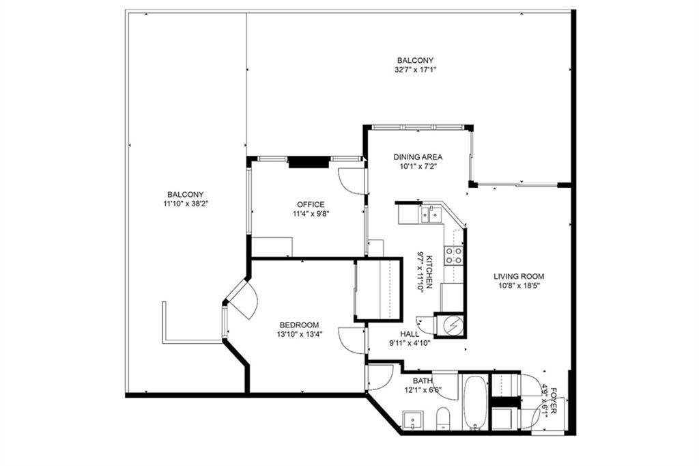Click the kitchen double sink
(431, 215)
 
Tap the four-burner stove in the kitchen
(454, 256)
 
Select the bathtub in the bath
(475, 402)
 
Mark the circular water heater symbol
(449, 326)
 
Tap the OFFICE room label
(311, 204)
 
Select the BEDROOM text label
(299, 325)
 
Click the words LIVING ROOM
(519, 277)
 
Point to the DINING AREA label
(418, 157)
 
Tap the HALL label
(410, 333)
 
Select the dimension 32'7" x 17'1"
(415, 70)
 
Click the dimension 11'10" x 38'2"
(184, 204)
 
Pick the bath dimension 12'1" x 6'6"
(423, 390)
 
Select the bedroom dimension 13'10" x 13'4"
(299, 334)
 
